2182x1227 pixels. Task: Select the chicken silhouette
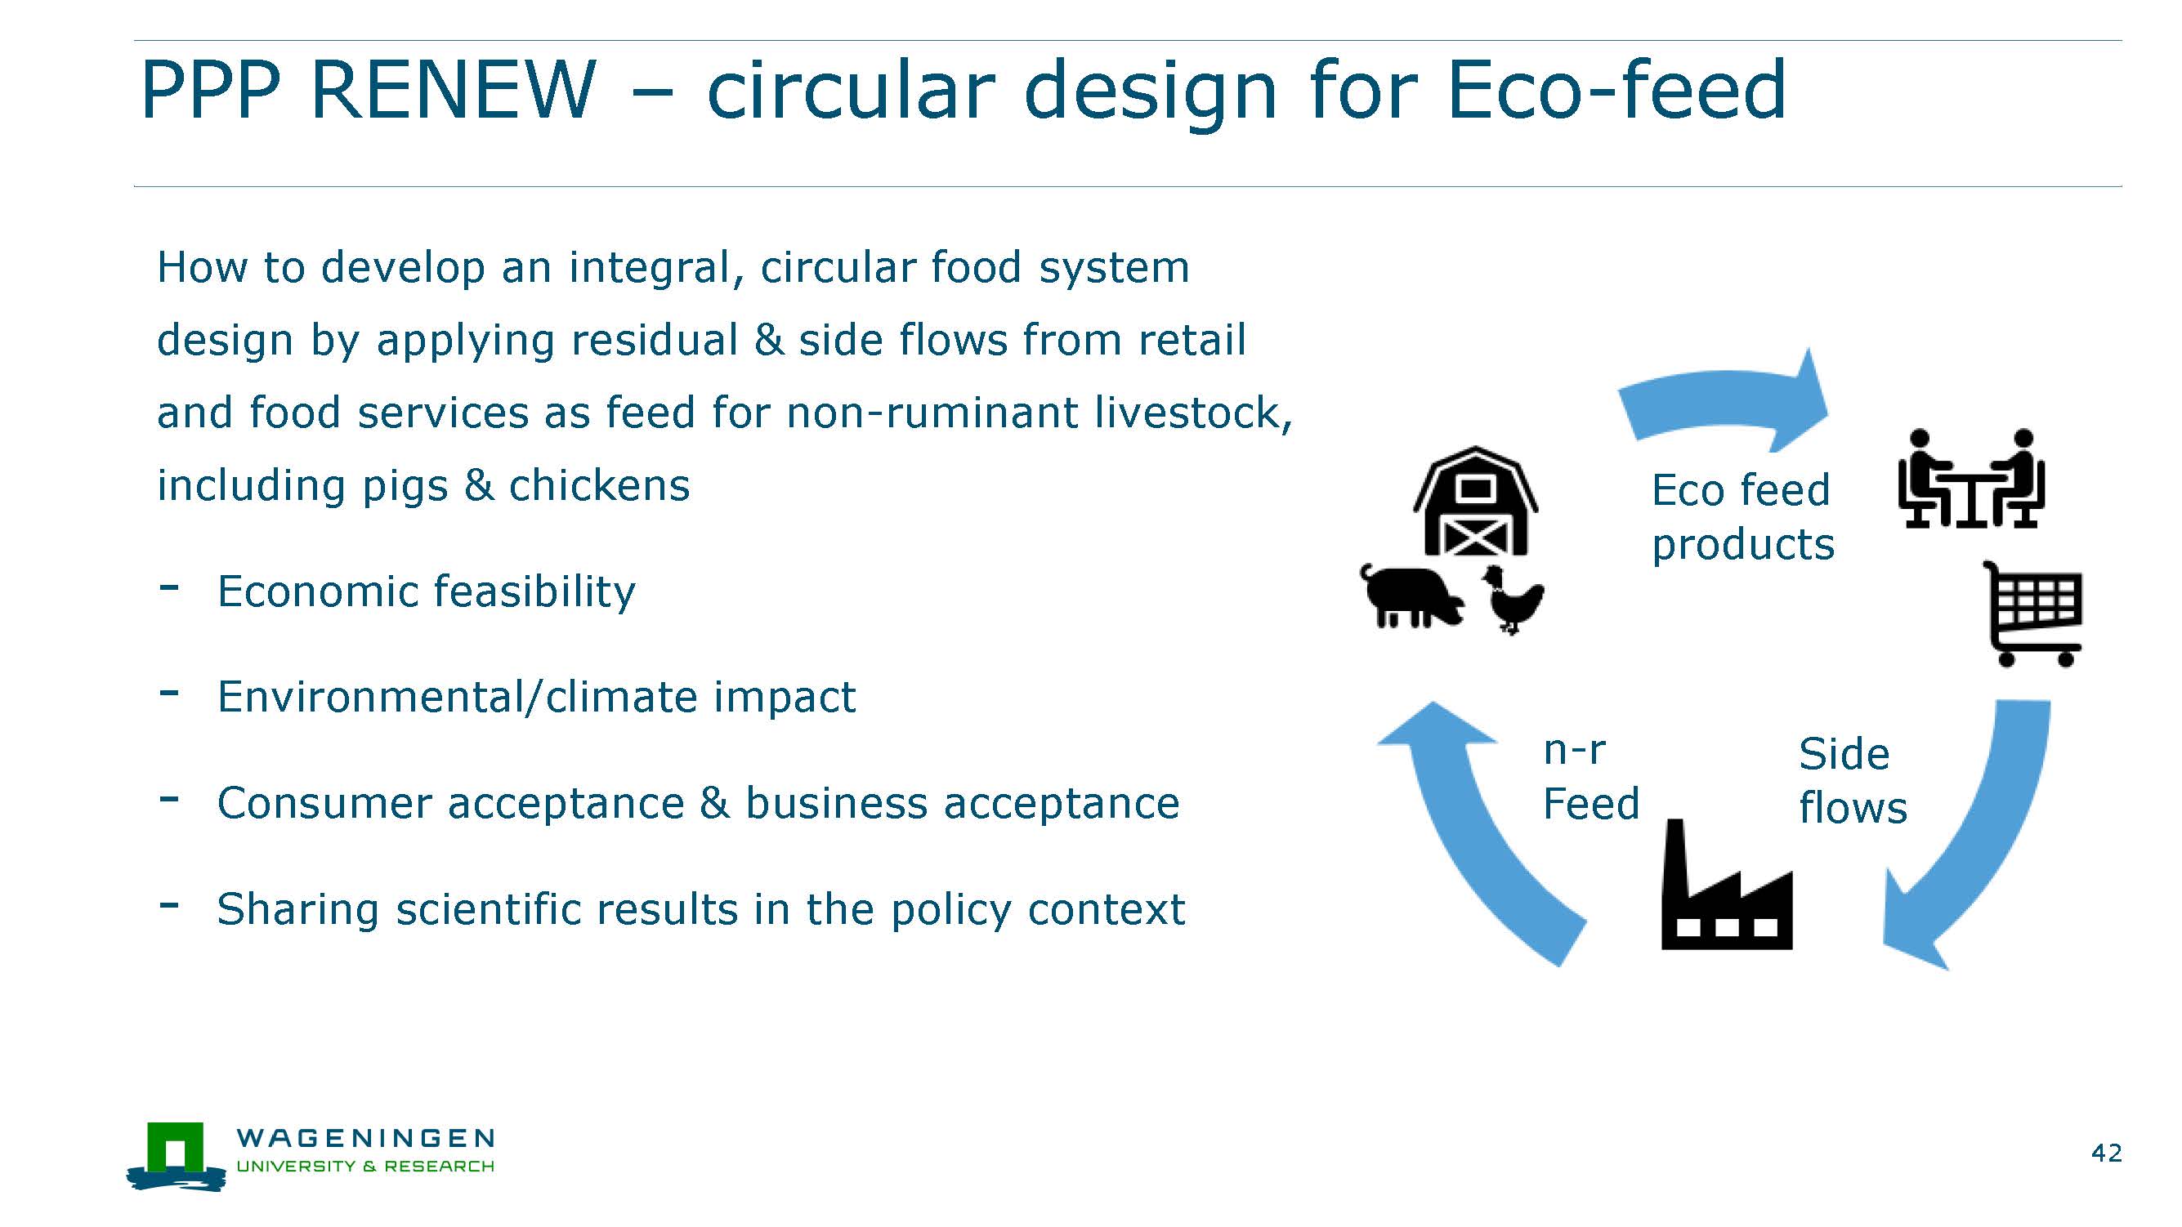(1512, 600)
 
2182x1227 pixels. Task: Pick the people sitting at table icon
(1971, 479)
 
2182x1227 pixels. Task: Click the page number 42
(2107, 1153)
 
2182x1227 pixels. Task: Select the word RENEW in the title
(454, 89)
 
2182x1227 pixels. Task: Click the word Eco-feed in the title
(1617, 89)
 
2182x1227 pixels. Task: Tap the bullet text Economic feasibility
(426, 591)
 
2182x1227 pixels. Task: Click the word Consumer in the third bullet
(324, 803)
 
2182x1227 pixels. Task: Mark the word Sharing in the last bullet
(297, 910)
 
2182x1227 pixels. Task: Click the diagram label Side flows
(1853, 780)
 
